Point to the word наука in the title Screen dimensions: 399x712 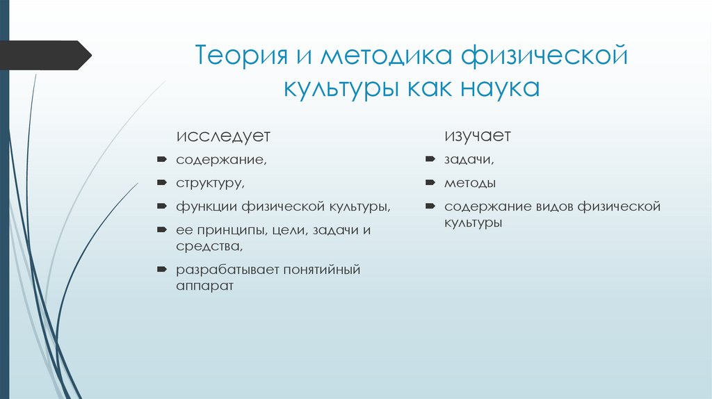coord(498,88)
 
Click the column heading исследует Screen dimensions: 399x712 coord(222,135)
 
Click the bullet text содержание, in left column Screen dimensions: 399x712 coord(220,161)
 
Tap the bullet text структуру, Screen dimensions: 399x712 coord(210,184)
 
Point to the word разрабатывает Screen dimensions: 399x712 coord(226,269)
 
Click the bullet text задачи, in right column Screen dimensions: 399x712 coord(470,161)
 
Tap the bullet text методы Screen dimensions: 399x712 coord(471,184)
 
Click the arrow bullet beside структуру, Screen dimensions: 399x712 coord(161,184)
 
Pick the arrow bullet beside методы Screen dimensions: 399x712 coord(430,184)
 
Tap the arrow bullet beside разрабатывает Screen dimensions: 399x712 coord(161,269)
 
